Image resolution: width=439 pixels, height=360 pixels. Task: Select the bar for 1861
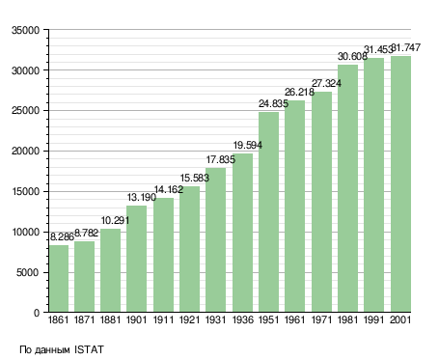(59, 279)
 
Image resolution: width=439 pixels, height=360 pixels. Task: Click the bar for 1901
(136, 259)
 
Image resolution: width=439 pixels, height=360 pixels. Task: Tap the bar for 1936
(242, 233)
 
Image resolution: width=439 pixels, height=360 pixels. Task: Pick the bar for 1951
(268, 212)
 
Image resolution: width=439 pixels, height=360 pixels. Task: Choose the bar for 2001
(400, 184)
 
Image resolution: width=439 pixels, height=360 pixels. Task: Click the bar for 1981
(347, 188)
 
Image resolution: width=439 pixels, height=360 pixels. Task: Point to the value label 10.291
(115, 221)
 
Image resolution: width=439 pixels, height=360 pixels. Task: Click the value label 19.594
(247, 146)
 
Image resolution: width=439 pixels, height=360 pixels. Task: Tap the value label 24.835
(273, 103)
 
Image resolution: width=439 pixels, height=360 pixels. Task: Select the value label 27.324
(326, 84)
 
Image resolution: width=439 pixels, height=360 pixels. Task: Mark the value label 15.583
(194, 178)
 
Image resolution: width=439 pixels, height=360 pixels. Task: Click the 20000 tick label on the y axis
(25, 152)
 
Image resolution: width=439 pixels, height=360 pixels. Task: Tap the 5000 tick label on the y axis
(28, 273)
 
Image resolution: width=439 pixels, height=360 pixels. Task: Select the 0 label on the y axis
(37, 313)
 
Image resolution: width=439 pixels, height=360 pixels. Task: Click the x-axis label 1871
(84, 320)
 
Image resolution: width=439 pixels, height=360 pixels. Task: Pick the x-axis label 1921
(189, 320)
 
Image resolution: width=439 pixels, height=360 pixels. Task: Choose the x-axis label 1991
(374, 320)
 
